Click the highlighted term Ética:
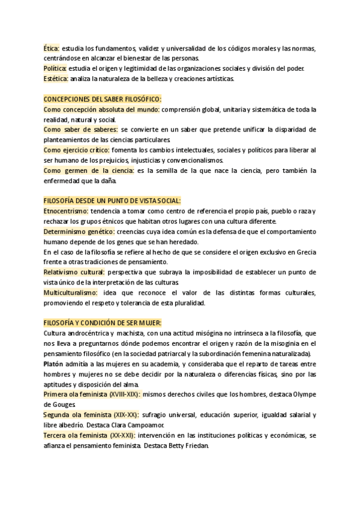pos(52,49)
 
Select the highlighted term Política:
pos(55,68)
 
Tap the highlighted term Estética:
pos(56,79)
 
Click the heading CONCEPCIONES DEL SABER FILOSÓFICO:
pos(103,99)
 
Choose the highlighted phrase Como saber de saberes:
pos(81,130)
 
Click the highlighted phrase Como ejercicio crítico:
pos(77,150)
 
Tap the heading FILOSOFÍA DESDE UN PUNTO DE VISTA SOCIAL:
pos(112,200)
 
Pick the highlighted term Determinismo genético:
pos(79,231)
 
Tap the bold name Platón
pos(53,364)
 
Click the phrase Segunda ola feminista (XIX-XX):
pos(92,415)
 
